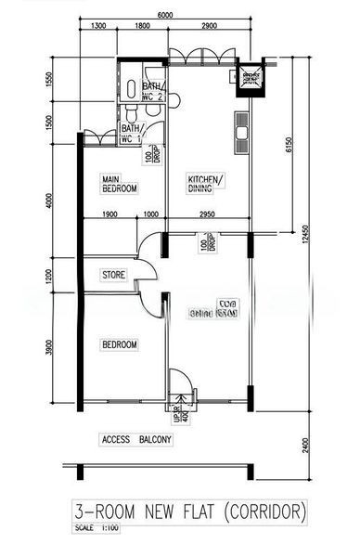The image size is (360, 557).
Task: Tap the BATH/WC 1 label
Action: coord(130,134)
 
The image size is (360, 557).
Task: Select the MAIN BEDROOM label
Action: coord(119,184)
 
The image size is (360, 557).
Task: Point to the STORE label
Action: coord(113,275)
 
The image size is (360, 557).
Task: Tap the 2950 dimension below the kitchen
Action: coord(207,214)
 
